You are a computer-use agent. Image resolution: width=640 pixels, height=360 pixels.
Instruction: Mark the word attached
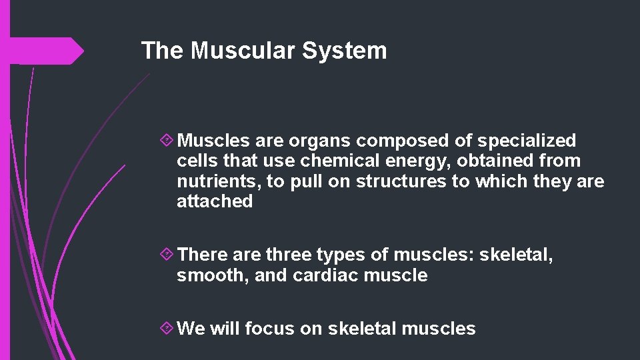point(215,201)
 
